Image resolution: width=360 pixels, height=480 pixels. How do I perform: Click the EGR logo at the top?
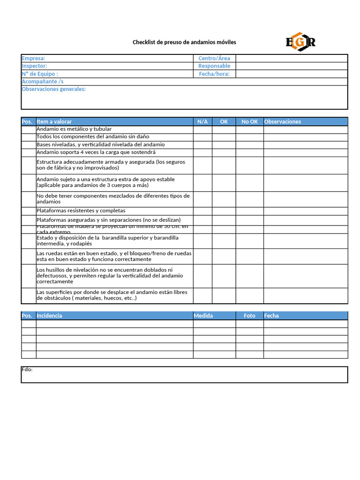[x=300, y=42]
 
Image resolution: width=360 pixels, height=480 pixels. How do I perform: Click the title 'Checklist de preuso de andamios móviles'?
[x=184, y=42]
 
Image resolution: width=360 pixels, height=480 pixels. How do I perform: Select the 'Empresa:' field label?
[x=33, y=58]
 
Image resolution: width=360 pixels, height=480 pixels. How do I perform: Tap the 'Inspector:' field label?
[x=34, y=66]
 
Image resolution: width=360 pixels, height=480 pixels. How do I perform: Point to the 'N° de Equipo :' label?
[x=40, y=74]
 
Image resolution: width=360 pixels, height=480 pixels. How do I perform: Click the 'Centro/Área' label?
[x=214, y=58]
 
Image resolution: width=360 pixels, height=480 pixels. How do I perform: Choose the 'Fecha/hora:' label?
[x=214, y=74]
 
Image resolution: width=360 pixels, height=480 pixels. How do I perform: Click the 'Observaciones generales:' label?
[x=54, y=89]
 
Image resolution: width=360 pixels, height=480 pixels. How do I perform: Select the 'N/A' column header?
[x=202, y=121]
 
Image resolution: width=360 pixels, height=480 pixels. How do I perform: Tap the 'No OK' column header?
[x=249, y=121]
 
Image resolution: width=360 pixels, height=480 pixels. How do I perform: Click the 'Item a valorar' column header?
[x=54, y=121]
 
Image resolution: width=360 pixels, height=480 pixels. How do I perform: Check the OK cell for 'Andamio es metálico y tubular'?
[x=224, y=129]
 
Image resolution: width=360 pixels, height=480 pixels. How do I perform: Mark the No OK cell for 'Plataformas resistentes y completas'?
[x=249, y=211]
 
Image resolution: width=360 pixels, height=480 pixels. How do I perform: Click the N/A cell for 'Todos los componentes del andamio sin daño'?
[x=202, y=137]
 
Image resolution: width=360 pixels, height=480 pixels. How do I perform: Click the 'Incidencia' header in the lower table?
[x=49, y=315]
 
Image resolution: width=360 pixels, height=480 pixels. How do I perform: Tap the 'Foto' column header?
[x=249, y=315]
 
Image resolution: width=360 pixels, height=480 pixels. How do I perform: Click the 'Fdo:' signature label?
[x=27, y=369]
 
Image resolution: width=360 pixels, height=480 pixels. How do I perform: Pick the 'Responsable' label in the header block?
[x=214, y=66]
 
